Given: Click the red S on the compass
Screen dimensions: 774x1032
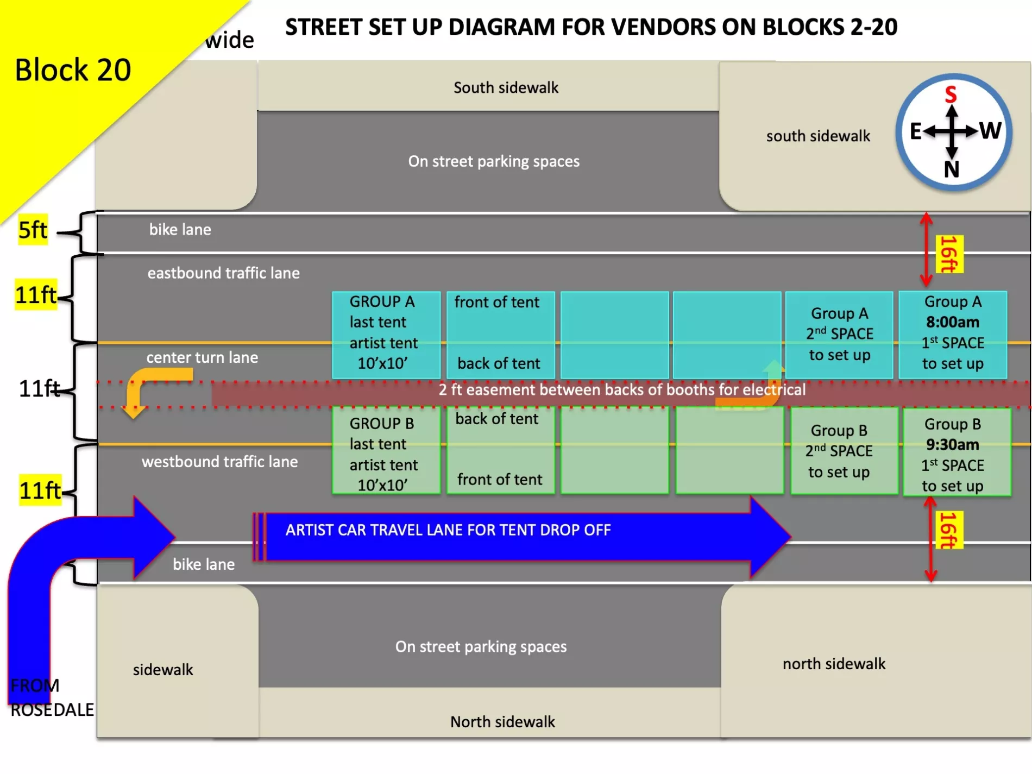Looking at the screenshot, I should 951,95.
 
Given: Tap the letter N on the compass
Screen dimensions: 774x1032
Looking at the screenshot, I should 952,169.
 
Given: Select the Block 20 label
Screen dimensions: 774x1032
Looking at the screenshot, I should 73,70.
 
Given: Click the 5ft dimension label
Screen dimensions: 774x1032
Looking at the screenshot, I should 33,230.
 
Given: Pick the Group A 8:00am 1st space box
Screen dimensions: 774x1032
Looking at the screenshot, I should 953,333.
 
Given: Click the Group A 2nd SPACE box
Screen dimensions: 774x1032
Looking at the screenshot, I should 839,334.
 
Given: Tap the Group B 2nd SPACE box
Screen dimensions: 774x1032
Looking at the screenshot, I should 839,451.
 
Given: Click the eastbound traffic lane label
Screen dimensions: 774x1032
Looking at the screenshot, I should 223,273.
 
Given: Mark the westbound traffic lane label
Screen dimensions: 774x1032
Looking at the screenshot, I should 219,462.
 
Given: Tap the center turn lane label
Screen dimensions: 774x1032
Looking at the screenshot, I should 202,357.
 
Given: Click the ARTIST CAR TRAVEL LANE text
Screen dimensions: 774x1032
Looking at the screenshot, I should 448,530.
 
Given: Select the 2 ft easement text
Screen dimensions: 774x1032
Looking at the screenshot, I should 622,390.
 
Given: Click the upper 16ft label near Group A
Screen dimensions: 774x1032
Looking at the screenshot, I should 949,254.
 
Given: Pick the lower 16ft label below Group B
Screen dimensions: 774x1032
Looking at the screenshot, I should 949,530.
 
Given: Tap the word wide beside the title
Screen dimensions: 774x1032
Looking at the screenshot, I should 229,40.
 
